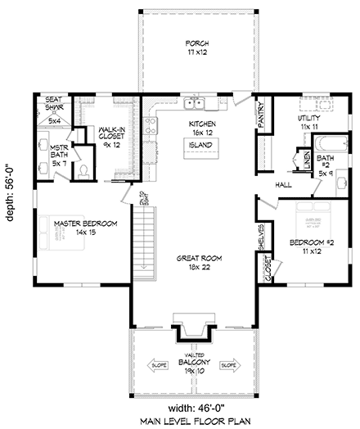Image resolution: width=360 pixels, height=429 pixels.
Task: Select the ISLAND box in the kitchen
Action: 200,145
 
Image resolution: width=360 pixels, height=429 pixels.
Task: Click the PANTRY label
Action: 260,115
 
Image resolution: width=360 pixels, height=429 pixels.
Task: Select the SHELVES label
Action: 261,238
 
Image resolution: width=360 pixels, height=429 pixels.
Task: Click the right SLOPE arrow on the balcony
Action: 228,365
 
